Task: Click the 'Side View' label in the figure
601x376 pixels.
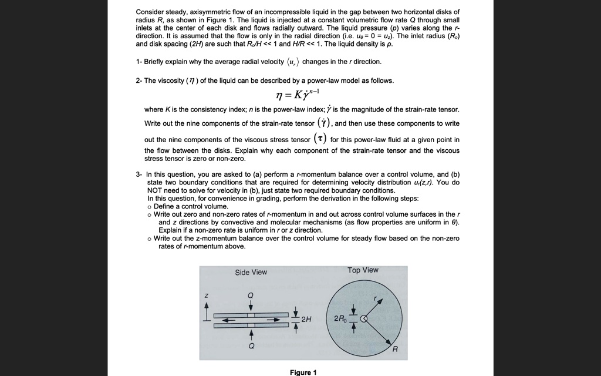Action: point(251,272)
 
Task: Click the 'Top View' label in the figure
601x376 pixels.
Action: point(363,270)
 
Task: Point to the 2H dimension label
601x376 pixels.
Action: point(306,319)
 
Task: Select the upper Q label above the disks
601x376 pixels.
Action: point(251,294)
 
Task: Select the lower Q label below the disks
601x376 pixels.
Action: point(251,346)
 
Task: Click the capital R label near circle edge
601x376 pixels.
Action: point(395,350)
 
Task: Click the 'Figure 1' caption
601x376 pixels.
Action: point(303,372)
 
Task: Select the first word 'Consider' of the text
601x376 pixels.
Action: point(150,12)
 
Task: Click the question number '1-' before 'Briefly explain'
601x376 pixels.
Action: point(139,62)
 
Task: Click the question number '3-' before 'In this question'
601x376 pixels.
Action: point(139,174)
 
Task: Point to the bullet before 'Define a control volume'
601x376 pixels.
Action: point(150,207)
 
